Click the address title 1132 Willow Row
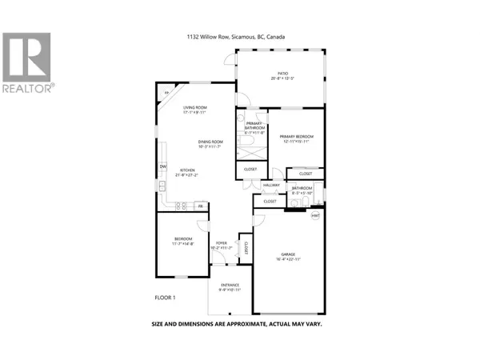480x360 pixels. tap(240, 37)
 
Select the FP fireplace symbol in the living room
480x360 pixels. tap(167, 94)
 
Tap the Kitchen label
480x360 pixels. tap(188, 171)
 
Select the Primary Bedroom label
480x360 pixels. tap(295, 138)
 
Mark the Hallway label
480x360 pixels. tap(270, 185)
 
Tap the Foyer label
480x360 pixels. tap(221, 245)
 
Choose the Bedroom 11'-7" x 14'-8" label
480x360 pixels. tap(183, 241)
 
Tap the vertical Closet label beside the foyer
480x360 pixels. tap(246, 247)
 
